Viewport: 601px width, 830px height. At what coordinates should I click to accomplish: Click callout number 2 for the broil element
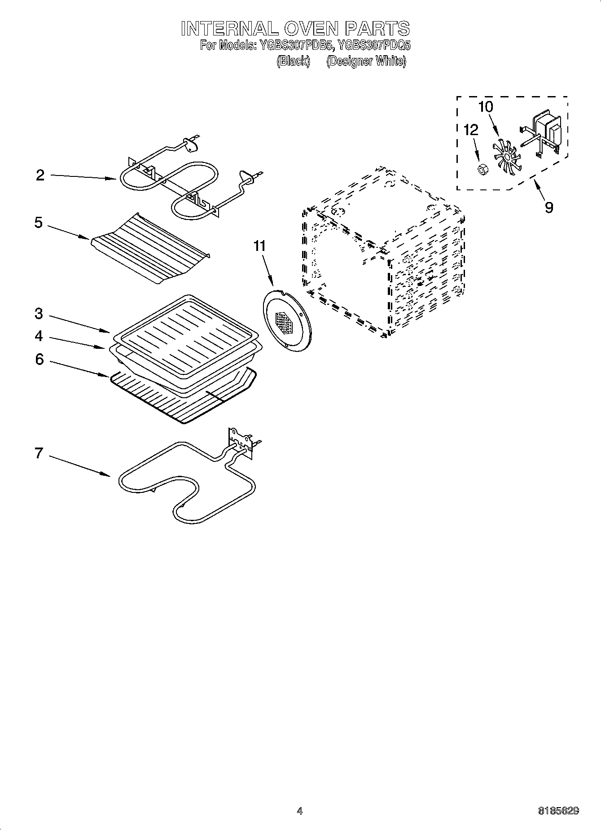(x=40, y=176)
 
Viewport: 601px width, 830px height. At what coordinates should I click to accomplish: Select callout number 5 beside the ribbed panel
(x=39, y=223)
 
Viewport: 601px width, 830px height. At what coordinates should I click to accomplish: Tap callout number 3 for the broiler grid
(x=39, y=314)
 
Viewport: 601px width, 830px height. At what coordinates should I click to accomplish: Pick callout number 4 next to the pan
(x=39, y=336)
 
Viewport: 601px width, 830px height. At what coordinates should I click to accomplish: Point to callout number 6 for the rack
(x=39, y=360)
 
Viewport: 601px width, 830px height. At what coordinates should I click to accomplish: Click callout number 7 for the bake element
(x=39, y=453)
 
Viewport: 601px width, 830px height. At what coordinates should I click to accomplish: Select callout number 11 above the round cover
(x=259, y=246)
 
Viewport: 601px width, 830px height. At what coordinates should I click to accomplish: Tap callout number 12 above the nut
(x=471, y=130)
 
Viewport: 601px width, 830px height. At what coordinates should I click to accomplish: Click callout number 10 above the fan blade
(x=486, y=107)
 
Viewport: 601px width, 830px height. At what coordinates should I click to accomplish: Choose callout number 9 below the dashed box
(x=549, y=207)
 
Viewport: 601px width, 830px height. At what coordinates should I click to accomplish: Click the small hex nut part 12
(x=483, y=170)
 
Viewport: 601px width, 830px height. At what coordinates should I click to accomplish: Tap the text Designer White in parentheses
(x=366, y=61)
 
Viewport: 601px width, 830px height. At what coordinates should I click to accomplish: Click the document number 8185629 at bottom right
(x=558, y=811)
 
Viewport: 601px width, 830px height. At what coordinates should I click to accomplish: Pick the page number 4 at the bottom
(x=300, y=811)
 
